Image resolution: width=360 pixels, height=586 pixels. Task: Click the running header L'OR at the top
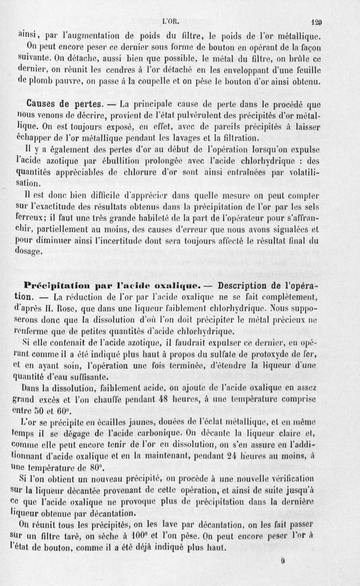point(173,20)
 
